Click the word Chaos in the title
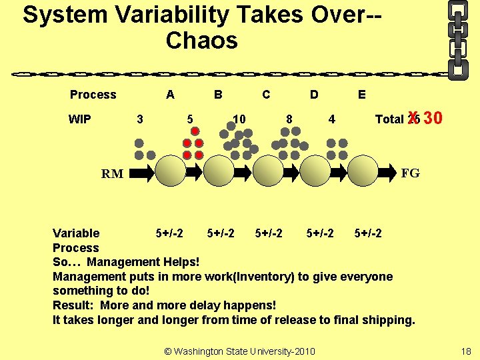201,41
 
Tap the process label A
170,95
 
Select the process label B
218,95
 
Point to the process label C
266,95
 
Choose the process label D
314,95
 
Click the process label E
361,95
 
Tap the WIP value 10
239,119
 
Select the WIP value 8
289,119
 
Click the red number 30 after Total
433,119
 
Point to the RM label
112,175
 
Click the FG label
411,173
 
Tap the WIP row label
80,119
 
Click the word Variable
76,233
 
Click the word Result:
75,305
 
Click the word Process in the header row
93,95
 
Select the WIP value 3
139,119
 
